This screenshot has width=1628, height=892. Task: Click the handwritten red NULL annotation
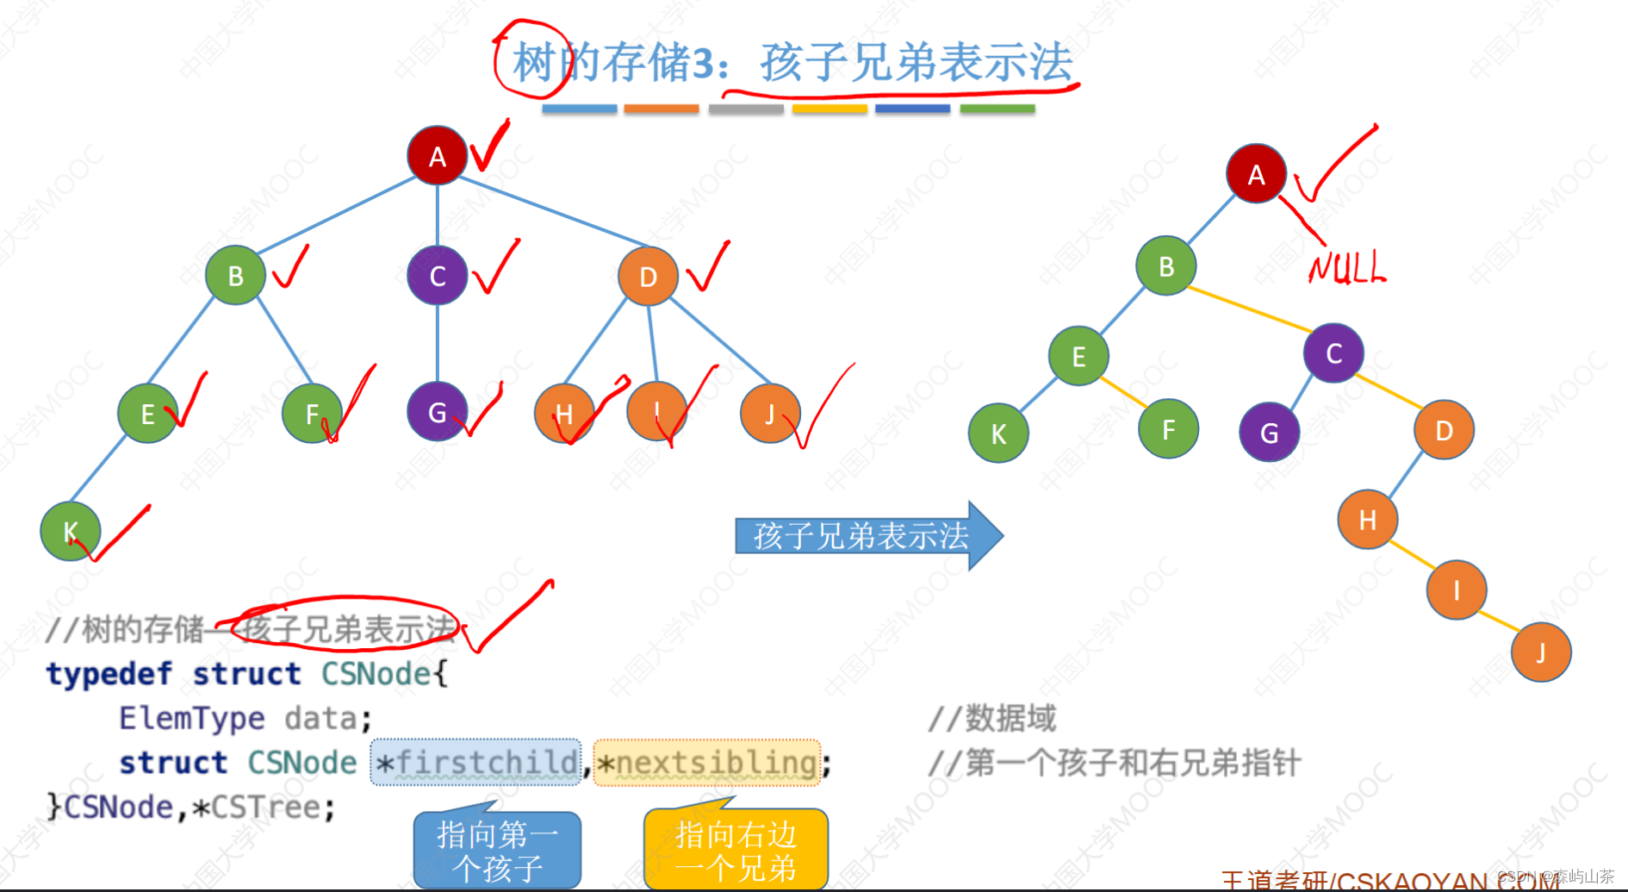(x=1347, y=268)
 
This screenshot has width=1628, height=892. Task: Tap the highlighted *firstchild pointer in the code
(x=476, y=762)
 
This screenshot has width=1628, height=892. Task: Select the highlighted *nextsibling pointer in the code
(x=707, y=762)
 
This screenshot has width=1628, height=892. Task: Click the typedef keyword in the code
(x=109, y=673)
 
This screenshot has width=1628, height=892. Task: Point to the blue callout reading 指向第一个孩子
(x=497, y=850)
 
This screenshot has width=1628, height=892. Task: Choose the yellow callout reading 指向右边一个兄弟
(x=736, y=850)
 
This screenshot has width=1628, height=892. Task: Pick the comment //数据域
(x=991, y=717)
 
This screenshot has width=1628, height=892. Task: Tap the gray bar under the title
(x=746, y=109)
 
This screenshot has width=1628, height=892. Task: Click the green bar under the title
(x=997, y=109)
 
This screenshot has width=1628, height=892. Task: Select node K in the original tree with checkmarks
(x=71, y=531)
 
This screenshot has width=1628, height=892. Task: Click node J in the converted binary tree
(x=1541, y=652)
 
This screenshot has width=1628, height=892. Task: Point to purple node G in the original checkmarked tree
(x=438, y=412)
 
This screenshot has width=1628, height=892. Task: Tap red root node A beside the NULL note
(x=1257, y=174)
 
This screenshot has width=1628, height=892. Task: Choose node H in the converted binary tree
(x=1367, y=520)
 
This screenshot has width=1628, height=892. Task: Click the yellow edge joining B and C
(x=1249, y=309)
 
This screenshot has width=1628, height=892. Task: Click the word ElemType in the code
(x=191, y=717)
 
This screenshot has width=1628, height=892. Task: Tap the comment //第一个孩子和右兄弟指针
(x=1114, y=763)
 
